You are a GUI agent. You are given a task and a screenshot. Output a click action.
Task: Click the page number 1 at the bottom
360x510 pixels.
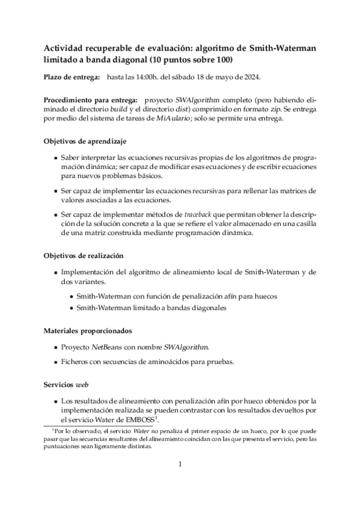pyautogui.click(x=180, y=464)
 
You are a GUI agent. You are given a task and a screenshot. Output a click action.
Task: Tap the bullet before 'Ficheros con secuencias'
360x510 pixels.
pyautogui.click(x=56, y=362)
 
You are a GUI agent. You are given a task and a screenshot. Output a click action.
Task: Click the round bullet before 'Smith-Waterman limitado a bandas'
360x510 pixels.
pyautogui.click(x=72, y=308)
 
